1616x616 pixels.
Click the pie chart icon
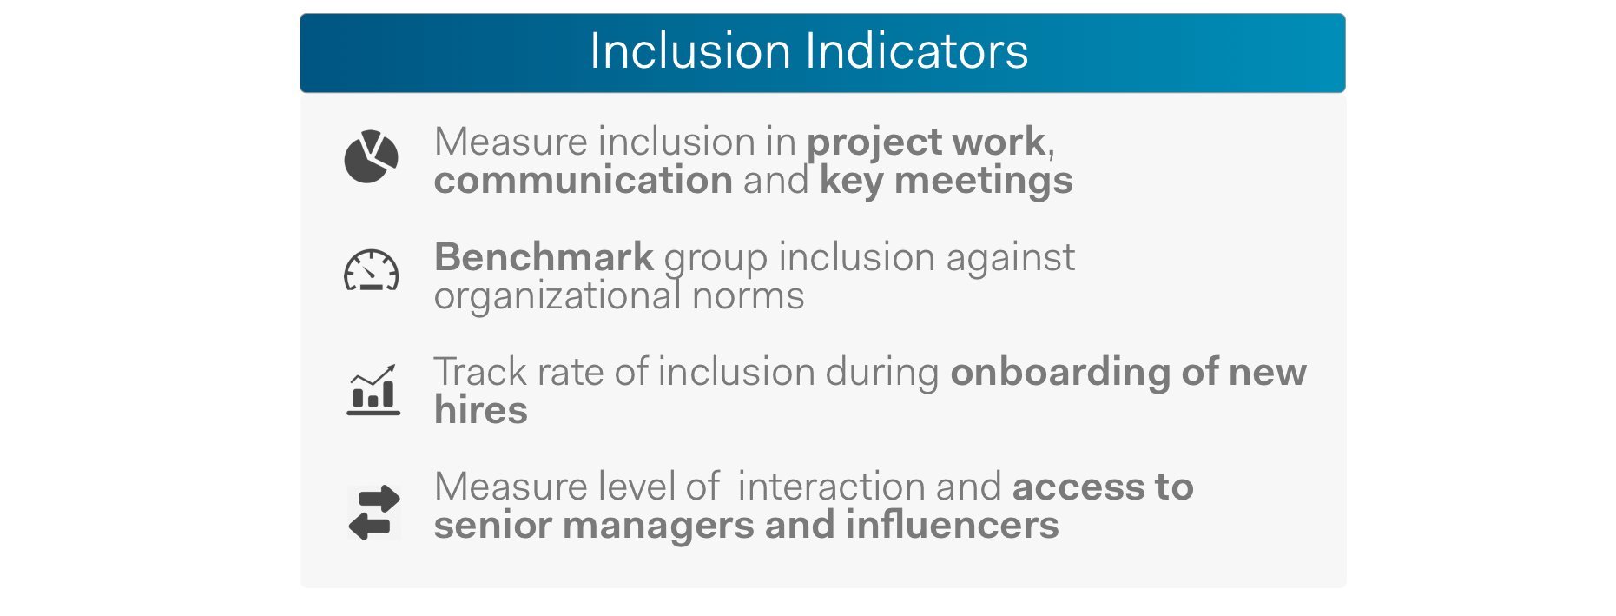(x=371, y=157)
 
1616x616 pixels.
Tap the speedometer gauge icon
(x=372, y=271)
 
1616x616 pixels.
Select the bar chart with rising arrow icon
(x=373, y=390)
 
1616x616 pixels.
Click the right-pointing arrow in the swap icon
(x=379, y=500)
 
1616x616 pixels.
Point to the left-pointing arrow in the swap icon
(x=369, y=526)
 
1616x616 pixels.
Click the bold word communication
(x=584, y=181)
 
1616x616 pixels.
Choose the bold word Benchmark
(x=544, y=257)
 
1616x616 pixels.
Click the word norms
(x=749, y=297)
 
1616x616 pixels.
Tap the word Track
(x=480, y=372)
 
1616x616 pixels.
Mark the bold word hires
(x=481, y=410)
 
